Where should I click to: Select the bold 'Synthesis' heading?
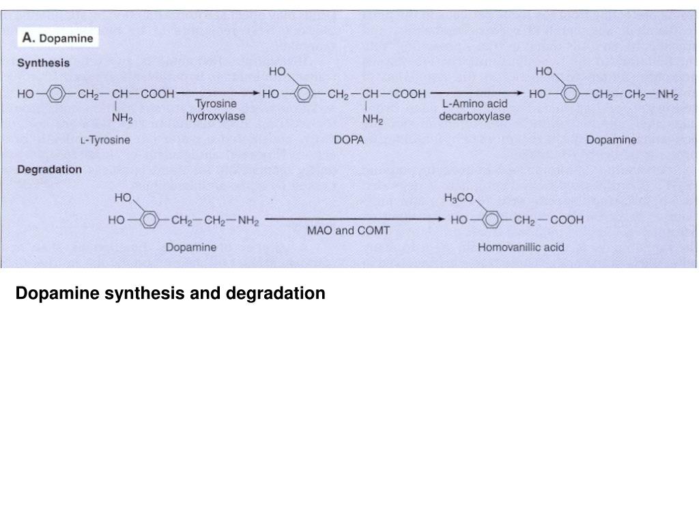(44, 63)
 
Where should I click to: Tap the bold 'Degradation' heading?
(50, 169)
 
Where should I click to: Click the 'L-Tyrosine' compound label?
(106, 140)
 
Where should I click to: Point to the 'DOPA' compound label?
(349, 140)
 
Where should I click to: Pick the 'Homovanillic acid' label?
(521, 247)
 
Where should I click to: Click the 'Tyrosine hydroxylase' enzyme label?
(216, 110)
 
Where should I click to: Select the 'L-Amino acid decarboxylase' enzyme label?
(474, 110)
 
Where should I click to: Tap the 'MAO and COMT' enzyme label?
(348, 230)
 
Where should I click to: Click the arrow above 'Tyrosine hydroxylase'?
(217, 94)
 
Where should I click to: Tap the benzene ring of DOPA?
(304, 94)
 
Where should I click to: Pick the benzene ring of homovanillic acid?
(491, 220)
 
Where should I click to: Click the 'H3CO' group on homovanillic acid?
(458, 199)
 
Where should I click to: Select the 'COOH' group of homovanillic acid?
(567, 220)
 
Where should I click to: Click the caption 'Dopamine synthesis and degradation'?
(171, 293)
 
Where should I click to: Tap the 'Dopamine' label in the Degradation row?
(191, 247)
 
